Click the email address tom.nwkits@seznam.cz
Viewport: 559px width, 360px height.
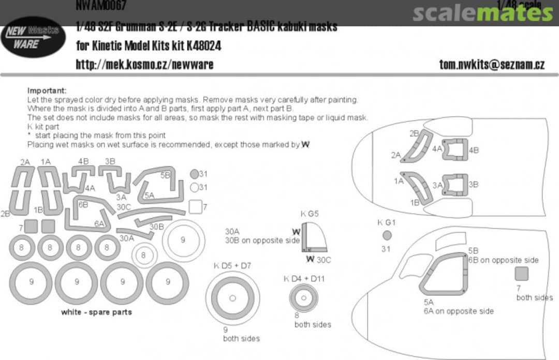(492, 64)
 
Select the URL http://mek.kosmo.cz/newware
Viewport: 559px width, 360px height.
(144, 64)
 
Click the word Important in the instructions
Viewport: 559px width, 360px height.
(47, 91)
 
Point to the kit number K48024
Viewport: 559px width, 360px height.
(201, 46)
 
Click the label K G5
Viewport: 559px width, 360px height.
(310, 214)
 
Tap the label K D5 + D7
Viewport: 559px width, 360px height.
(232, 266)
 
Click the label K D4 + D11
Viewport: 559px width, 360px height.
(304, 279)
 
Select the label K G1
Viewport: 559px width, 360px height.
(386, 222)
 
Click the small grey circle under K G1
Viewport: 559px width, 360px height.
(387, 236)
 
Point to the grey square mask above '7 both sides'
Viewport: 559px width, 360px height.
(521, 274)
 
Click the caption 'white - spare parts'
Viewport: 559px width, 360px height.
(96, 312)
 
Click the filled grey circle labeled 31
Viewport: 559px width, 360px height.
(194, 174)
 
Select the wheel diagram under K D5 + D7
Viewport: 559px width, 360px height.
(232, 298)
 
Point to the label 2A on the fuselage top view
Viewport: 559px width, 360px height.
(396, 155)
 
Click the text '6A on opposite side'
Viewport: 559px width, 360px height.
(459, 311)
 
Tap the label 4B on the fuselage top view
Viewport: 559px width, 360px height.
(474, 150)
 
